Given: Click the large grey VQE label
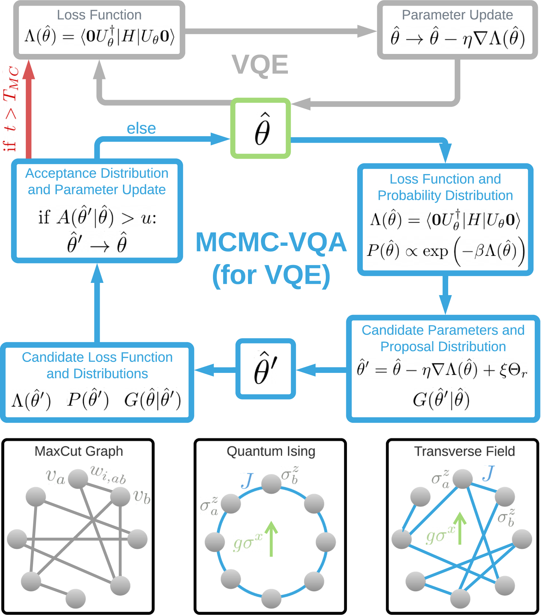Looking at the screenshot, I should point(260,65).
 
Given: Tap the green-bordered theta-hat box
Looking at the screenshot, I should point(261,128).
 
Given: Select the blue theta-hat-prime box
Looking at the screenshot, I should point(265,368).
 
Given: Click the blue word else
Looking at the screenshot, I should point(141,128).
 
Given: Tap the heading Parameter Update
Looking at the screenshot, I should point(457,15).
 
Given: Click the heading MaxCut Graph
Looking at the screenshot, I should point(79,451).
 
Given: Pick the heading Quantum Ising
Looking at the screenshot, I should point(271,451).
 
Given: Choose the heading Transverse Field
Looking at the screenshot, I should point(464,451).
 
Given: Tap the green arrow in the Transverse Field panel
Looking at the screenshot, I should point(460,529).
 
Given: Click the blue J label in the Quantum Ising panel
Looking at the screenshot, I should point(247,481).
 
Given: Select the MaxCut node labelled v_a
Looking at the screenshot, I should point(78,479).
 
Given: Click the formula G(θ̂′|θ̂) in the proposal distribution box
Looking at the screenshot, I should point(441,400).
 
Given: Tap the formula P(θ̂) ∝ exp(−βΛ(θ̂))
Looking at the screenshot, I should point(445,251).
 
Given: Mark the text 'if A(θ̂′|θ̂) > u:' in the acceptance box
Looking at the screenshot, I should point(97,217).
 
